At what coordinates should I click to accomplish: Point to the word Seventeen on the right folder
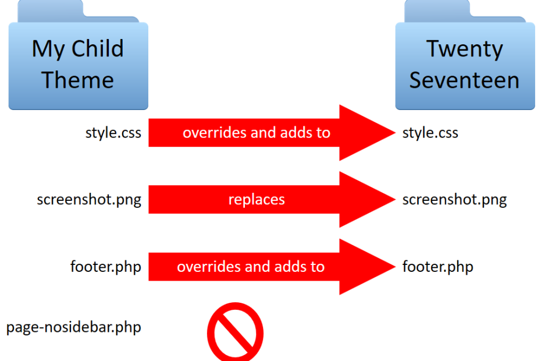(x=464, y=80)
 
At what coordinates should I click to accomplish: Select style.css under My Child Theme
(x=113, y=133)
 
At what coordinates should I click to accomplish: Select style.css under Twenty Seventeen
(x=430, y=133)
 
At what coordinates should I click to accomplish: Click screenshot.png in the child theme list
(x=89, y=200)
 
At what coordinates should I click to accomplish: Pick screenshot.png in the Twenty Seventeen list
(x=454, y=200)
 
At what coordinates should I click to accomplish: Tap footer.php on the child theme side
(x=105, y=267)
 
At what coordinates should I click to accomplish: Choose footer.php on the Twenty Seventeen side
(x=437, y=267)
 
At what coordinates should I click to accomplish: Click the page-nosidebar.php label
(x=74, y=327)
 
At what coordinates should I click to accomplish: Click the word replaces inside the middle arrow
(x=257, y=200)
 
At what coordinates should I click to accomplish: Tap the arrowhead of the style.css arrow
(x=366, y=133)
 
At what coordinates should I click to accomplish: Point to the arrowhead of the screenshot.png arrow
(x=366, y=200)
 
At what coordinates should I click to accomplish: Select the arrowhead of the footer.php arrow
(x=366, y=267)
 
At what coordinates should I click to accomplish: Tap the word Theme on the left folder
(x=77, y=80)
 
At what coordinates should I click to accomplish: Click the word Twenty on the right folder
(x=464, y=48)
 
